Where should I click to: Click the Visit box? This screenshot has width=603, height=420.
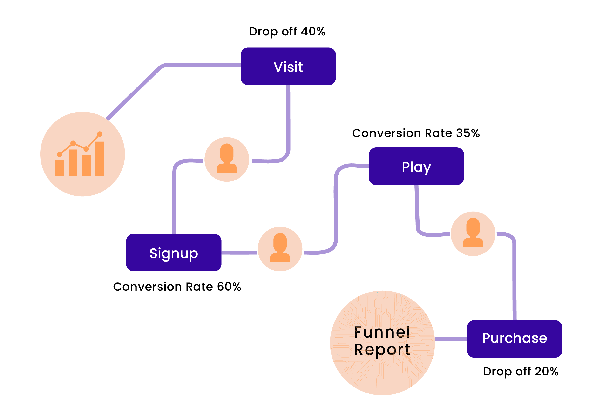[288, 67]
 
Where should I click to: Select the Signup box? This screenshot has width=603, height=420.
[174, 253]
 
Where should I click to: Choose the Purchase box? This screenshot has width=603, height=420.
[514, 339]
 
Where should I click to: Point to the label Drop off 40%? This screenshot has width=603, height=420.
[287, 32]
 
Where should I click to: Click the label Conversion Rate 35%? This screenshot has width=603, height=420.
[416, 133]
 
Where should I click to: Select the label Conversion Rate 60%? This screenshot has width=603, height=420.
[177, 287]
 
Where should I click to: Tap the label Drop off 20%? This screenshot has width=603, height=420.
[521, 371]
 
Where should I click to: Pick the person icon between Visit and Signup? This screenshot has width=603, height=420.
[227, 159]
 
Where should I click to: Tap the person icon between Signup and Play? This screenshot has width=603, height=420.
[280, 249]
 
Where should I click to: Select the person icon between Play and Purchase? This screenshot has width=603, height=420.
[473, 234]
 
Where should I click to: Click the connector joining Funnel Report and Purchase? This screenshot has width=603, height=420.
[451, 339]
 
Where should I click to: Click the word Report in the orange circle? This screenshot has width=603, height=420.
[382, 350]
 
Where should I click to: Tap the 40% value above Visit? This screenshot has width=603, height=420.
[313, 32]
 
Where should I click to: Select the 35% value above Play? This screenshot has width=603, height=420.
[468, 133]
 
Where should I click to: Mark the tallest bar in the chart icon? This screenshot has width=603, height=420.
[100, 159]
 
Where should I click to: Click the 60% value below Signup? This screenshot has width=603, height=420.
[229, 287]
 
